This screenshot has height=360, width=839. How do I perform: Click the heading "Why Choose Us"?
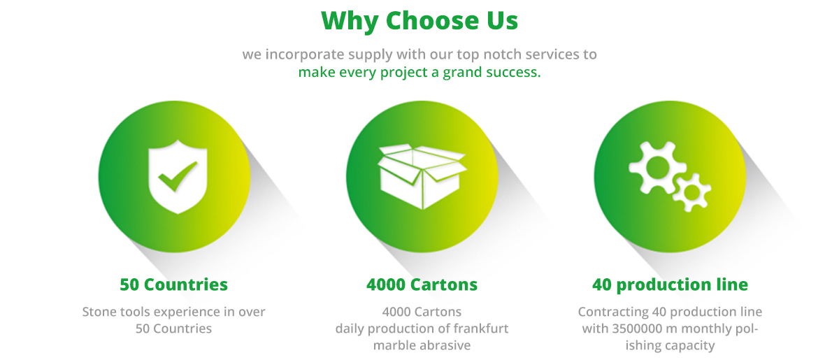(x=419, y=20)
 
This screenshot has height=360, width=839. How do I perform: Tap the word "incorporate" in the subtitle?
(x=305, y=55)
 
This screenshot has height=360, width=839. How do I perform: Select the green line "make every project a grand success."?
(x=419, y=72)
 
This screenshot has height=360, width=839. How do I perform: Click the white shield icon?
(x=178, y=177)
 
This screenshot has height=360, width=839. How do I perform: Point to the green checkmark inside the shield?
(x=178, y=176)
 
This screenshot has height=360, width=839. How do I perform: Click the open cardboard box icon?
(x=422, y=176)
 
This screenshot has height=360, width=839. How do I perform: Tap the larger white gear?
(x=657, y=168)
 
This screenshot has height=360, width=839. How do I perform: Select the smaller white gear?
(x=691, y=192)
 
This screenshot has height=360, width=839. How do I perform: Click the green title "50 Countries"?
(x=174, y=285)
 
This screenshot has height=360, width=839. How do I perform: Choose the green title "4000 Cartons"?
(x=422, y=285)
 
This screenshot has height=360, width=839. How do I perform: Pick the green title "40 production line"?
(x=670, y=285)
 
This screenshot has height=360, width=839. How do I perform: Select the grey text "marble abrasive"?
(x=422, y=345)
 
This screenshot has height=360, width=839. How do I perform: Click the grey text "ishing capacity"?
(x=670, y=346)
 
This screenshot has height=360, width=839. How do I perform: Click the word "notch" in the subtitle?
(x=502, y=55)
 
